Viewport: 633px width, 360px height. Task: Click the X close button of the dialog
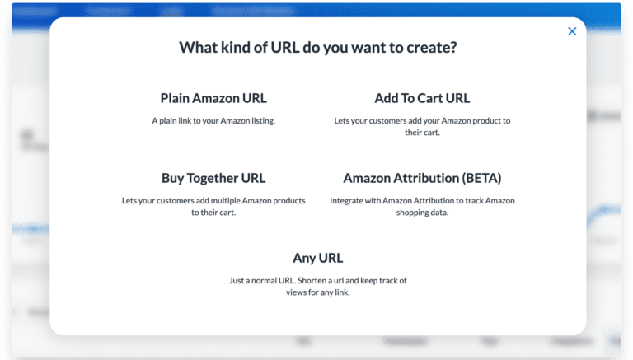point(572,31)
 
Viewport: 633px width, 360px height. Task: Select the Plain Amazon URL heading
point(213,98)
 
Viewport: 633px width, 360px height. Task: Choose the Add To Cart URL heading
point(422,98)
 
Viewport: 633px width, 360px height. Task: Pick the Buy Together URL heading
point(213,178)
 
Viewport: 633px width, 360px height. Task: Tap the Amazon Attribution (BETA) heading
point(422,178)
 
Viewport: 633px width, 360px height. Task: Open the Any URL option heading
point(317,258)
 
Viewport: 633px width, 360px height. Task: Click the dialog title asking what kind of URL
point(317,48)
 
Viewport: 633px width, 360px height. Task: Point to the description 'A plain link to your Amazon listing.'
point(213,120)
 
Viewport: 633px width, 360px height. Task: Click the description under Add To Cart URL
point(422,126)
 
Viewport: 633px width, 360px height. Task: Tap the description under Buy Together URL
point(213,206)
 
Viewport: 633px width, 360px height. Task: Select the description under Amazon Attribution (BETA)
point(422,206)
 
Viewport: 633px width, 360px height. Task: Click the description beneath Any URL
point(317,286)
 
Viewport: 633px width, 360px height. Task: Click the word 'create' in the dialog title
point(428,48)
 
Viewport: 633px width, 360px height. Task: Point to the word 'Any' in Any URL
point(304,258)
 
